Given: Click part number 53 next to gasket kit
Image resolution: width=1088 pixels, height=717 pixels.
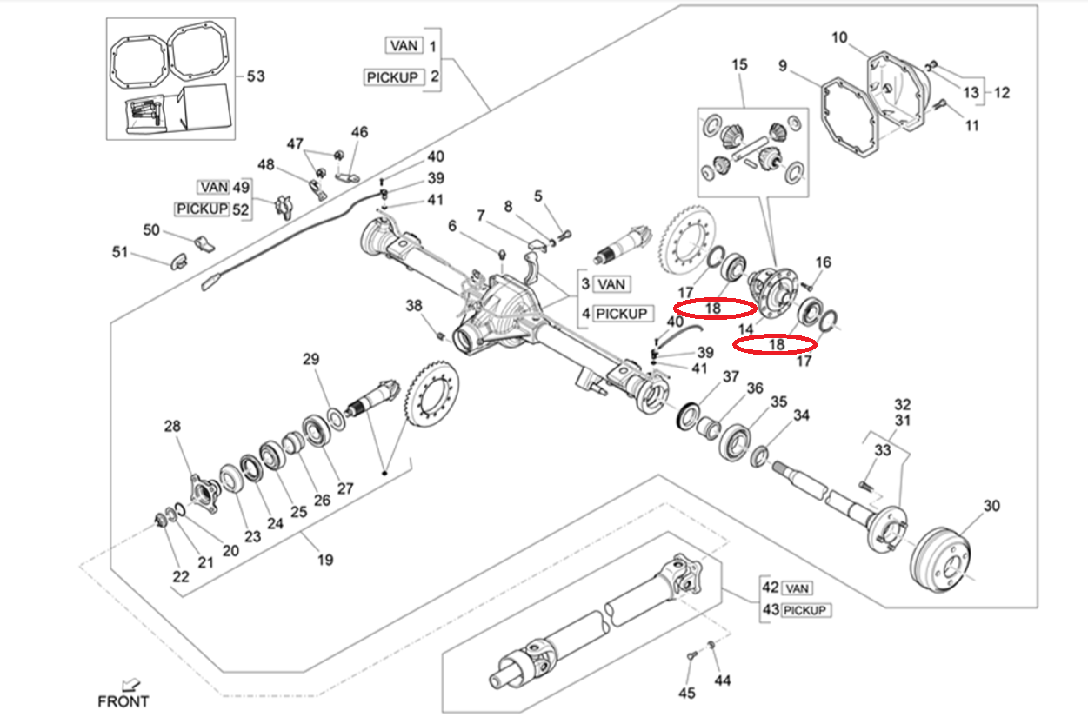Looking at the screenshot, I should point(255,76).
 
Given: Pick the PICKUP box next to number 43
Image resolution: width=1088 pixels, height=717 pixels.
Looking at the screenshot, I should point(805,610).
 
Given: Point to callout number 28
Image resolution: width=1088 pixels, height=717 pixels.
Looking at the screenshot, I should point(172,426).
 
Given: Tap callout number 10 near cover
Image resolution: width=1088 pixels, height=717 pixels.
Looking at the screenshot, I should point(839,37).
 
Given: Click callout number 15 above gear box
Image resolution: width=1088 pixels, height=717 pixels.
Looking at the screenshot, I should point(739,64).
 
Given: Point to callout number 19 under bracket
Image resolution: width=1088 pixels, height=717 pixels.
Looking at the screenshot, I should point(324,560).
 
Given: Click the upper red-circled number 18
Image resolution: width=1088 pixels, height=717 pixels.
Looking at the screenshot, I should point(713,308).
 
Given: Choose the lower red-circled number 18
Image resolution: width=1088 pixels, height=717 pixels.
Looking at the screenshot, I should point(776,344).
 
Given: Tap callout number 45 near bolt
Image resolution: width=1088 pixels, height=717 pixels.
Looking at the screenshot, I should point(687,693).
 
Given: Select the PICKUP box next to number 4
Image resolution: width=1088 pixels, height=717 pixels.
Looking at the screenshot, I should point(621,313).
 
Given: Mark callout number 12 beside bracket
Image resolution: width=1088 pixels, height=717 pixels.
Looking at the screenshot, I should point(1002,92).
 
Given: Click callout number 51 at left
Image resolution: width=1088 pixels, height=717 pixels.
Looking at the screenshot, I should point(119,253).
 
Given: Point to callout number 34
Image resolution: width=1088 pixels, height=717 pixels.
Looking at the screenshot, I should point(801,415).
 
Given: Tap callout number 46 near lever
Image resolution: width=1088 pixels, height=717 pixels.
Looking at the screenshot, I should point(359,132).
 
